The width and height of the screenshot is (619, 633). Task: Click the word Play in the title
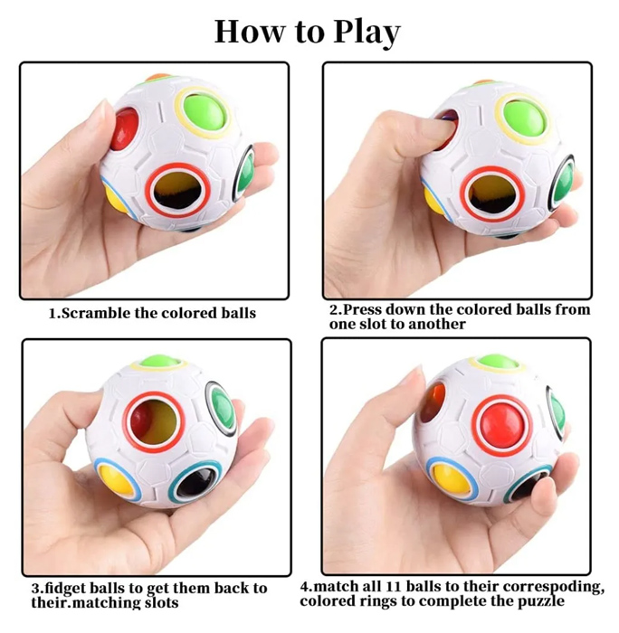click(x=367, y=33)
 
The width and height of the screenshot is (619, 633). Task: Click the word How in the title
click(x=249, y=31)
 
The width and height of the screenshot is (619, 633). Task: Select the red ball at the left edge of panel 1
click(x=123, y=128)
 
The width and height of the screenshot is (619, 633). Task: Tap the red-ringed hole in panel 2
click(x=493, y=195)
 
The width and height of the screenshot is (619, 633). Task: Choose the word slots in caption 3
click(x=161, y=603)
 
